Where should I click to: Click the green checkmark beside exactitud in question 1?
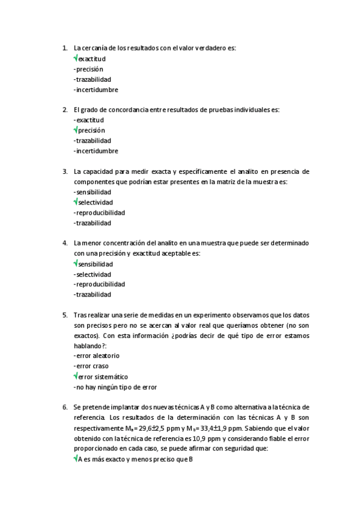[x=76, y=58]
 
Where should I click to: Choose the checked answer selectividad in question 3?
[x=95, y=202]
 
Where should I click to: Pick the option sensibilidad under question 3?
[x=93, y=192]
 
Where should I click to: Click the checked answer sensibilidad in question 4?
[x=95, y=263]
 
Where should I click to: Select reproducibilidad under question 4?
[x=100, y=284]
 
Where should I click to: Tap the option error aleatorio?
[x=97, y=355]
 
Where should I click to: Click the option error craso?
[x=92, y=366]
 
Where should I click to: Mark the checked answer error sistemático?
[x=102, y=376]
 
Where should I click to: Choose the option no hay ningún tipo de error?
[x=115, y=387]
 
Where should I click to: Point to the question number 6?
[x=65, y=407]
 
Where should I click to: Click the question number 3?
[x=65, y=171]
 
